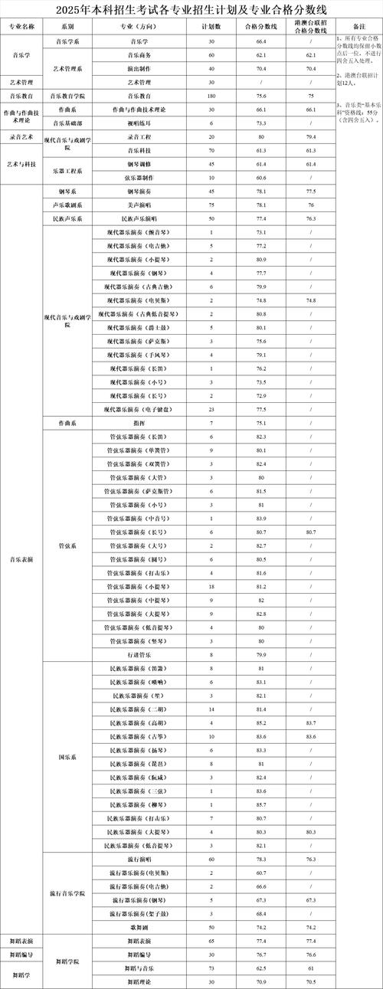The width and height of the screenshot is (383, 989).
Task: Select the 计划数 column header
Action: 211,26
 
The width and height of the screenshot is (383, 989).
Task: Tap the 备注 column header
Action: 358,26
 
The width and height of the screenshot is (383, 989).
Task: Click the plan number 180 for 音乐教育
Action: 211,96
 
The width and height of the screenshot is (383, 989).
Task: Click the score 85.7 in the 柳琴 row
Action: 261,804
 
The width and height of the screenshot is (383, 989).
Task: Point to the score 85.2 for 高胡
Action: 261,722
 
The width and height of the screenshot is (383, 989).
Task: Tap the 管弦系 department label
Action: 67,546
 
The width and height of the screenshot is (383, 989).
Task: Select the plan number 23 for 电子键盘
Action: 211,409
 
